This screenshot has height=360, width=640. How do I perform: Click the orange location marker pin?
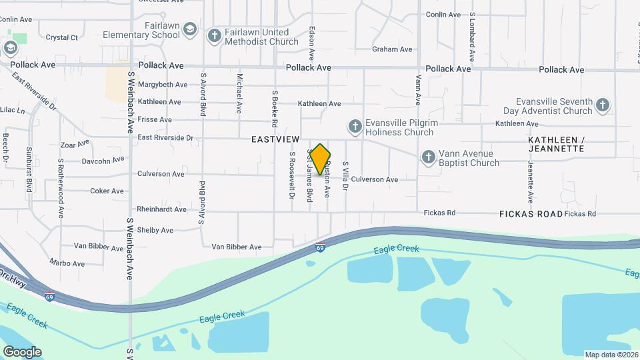[321, 159]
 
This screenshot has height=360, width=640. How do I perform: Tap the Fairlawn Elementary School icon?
[190, 29]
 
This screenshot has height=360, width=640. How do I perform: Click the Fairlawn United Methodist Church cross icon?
[214, 35]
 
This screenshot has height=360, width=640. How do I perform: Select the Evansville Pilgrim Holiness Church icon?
[355, 126]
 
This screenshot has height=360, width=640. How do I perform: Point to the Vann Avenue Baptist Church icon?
[428, 157]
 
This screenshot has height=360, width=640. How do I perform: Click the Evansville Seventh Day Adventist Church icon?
[603, 105]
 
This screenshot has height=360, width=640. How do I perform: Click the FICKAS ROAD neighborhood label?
[531, 214]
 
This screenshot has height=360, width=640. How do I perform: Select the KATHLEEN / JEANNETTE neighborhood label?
[556, 144]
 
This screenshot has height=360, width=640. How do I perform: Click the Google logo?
[22, 351]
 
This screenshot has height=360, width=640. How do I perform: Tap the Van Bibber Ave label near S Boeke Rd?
[237, 247]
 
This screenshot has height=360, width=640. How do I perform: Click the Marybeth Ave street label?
[163, 85]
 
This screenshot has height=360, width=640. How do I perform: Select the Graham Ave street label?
[393, 49]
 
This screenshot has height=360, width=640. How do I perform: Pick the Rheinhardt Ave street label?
[161, 209]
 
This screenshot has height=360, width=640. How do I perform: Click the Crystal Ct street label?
[62, 38]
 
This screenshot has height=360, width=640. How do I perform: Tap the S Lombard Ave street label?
[472, 36]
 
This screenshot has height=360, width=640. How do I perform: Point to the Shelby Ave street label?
[155, 230]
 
